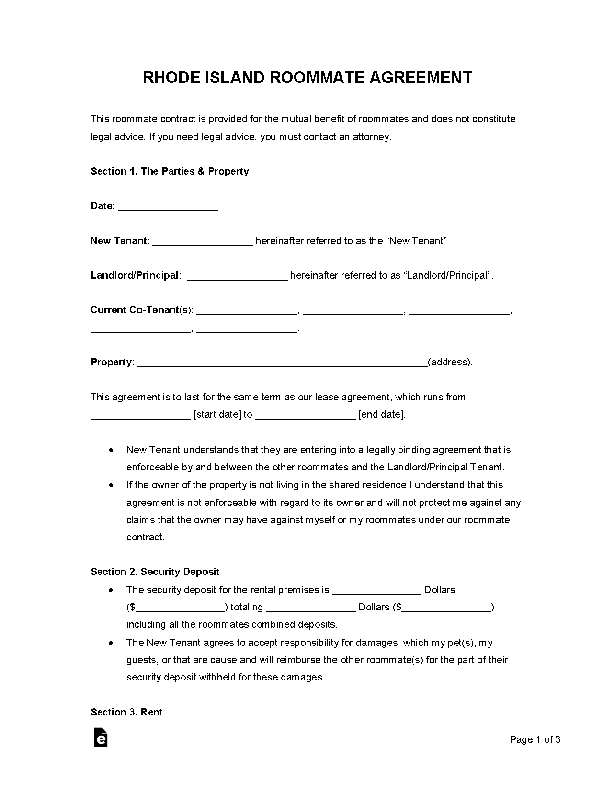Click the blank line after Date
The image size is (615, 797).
(x=168, y=207)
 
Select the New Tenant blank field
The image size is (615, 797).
(x=203, y=242)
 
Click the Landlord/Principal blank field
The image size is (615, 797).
(x=237, y=276)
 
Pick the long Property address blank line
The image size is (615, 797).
(x=283, y=363)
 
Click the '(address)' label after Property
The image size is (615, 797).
(x=450, y=363)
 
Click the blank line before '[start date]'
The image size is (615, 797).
(x=141, y=416)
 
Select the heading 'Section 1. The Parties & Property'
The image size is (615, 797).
(x=170, y=172)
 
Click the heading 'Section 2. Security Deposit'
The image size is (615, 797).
(x=155, y=572)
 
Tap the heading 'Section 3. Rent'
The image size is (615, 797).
(x=126, y=713)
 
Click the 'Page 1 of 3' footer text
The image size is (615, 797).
(x=535, y=740)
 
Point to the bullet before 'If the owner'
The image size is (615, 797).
(x=111, y=485)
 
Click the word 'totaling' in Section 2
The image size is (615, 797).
(x=247, y=608)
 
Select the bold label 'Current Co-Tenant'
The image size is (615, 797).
(x=135, y=310)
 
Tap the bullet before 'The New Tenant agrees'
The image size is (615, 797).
(x=111, y=643)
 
